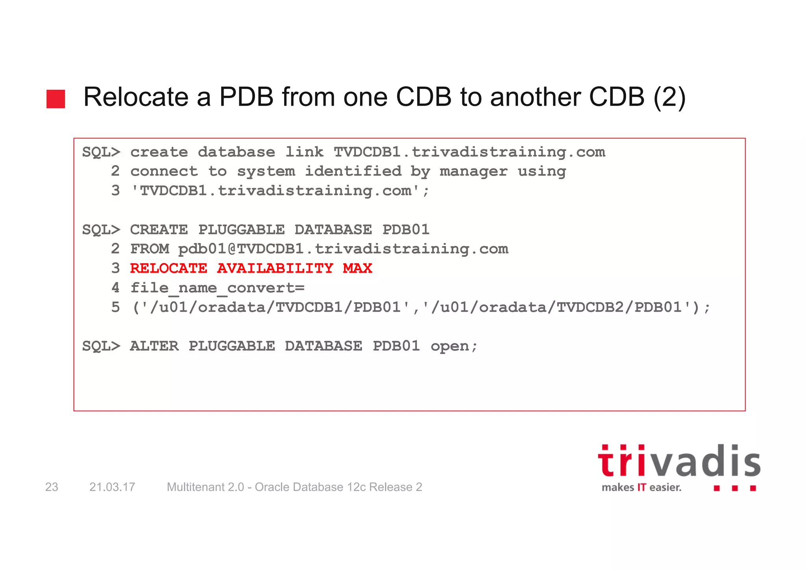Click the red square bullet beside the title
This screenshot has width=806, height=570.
[55, 99]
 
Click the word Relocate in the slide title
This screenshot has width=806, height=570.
[136, 97]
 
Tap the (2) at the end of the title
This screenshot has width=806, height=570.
[669, 97]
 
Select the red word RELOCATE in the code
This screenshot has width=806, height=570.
[168, 268]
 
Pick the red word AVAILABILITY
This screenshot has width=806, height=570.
[275, 268]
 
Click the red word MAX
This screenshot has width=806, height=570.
[357, 268]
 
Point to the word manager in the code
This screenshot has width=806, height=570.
[473, 171]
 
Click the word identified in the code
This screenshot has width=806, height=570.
[353, 171]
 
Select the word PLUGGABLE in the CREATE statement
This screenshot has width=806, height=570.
[241, 230]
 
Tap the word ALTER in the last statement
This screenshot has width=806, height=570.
[154, 346]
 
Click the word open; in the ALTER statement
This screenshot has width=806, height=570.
[454, 346]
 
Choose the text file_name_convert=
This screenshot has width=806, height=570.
[217, 288]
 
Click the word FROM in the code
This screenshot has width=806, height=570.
[150, 249]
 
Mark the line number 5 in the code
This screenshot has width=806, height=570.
[115, 307]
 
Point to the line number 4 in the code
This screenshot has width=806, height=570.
[115, 288]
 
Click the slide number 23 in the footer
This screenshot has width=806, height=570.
[52, 487]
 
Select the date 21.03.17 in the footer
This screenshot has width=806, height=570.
[112, 487]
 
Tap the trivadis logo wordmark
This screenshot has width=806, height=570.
[679, 462]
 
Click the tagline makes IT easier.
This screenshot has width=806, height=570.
[641, 488]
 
